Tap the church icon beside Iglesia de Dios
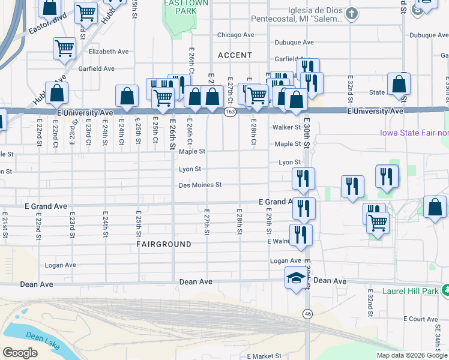pyautogui.click(x=352, y=13)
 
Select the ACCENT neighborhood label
pyautogui.click(x=235, y=55)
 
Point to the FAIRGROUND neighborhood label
pyautogui.click(x=163, y=244)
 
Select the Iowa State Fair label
pyautogui.click(x=414, y=133)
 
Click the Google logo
pyautogui.click(x=20, y=353)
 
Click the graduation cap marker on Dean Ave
pyautogui.click(x=295, y=278)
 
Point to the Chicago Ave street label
pyautogui.click(x=237, y=35)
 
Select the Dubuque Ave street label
pyautogui.click(x=294, y=43)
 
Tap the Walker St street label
pyautogui.click(x=286, y=127)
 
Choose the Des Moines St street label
pyautogui.click(x=200, y=185)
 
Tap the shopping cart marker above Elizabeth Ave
pyautogui.click(x=64, y=48)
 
